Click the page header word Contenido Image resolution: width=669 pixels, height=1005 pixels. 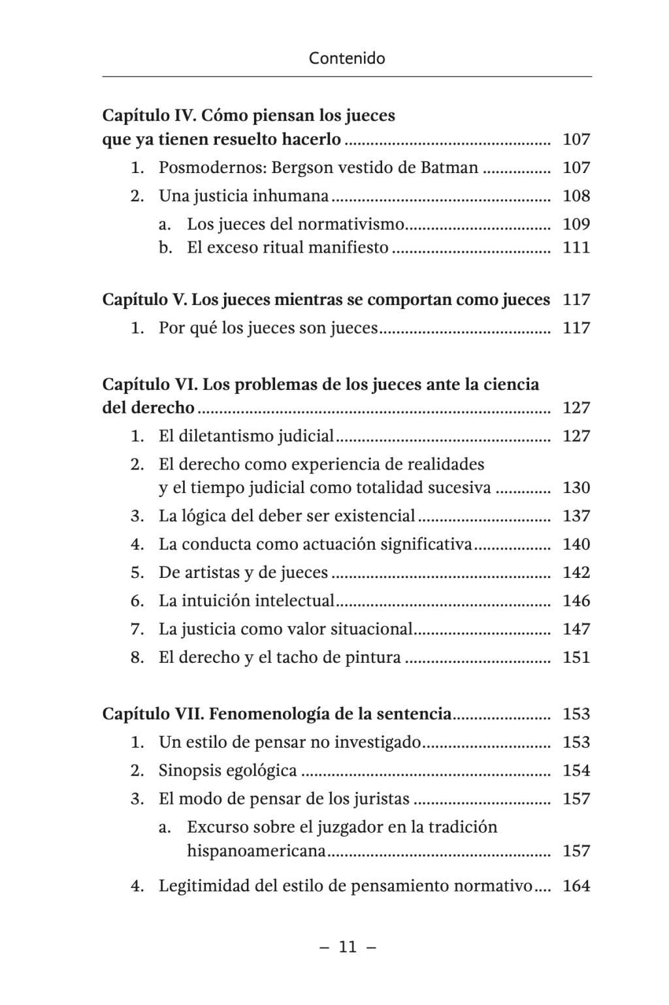(x=347, y=58)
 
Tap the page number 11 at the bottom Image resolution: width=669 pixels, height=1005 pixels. (x=348, y=947)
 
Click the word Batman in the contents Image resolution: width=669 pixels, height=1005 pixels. (x=449, y=168)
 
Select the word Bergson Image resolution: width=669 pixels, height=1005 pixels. (x=302, y=168)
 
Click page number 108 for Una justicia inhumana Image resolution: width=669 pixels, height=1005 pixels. (x=576, y=196)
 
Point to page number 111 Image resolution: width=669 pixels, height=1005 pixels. (x=576, y=247)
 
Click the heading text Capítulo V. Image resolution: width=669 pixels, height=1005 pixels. (x=145, y=300)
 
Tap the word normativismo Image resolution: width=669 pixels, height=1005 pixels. (x=351, y=224)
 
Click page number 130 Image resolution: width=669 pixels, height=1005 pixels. (x=576, y=488)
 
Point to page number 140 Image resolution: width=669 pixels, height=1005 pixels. (x=576, y=544)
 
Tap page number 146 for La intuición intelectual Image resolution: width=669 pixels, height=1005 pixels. (x=576, y=601)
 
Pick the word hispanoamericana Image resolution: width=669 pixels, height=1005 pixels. (x=256, y=851)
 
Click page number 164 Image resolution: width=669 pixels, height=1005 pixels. (x=576, y=886)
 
